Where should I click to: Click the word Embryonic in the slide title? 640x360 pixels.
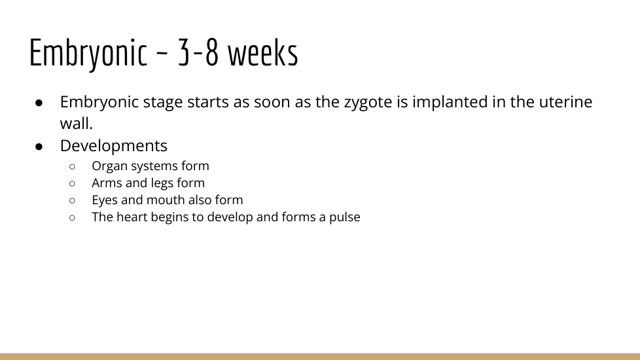(x=88, y=54)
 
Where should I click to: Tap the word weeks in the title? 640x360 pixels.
(x=263, y=52)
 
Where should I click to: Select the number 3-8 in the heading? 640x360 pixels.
(x=198, y=53)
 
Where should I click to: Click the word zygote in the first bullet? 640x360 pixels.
(x=368, y=103)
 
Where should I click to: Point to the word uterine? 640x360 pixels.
(x=565, y=101)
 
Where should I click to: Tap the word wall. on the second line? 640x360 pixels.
(x=77, y=123)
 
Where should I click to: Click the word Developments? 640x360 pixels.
(x=113, y=146)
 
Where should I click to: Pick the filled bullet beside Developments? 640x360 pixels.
(x=39, y=147)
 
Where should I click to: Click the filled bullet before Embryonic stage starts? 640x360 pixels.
(x=39, y=103)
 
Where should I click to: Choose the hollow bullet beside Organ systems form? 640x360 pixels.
(x=72, y=166)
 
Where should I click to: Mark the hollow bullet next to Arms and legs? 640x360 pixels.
(x=72, y=184)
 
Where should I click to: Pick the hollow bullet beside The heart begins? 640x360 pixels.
(x=72, y=217)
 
